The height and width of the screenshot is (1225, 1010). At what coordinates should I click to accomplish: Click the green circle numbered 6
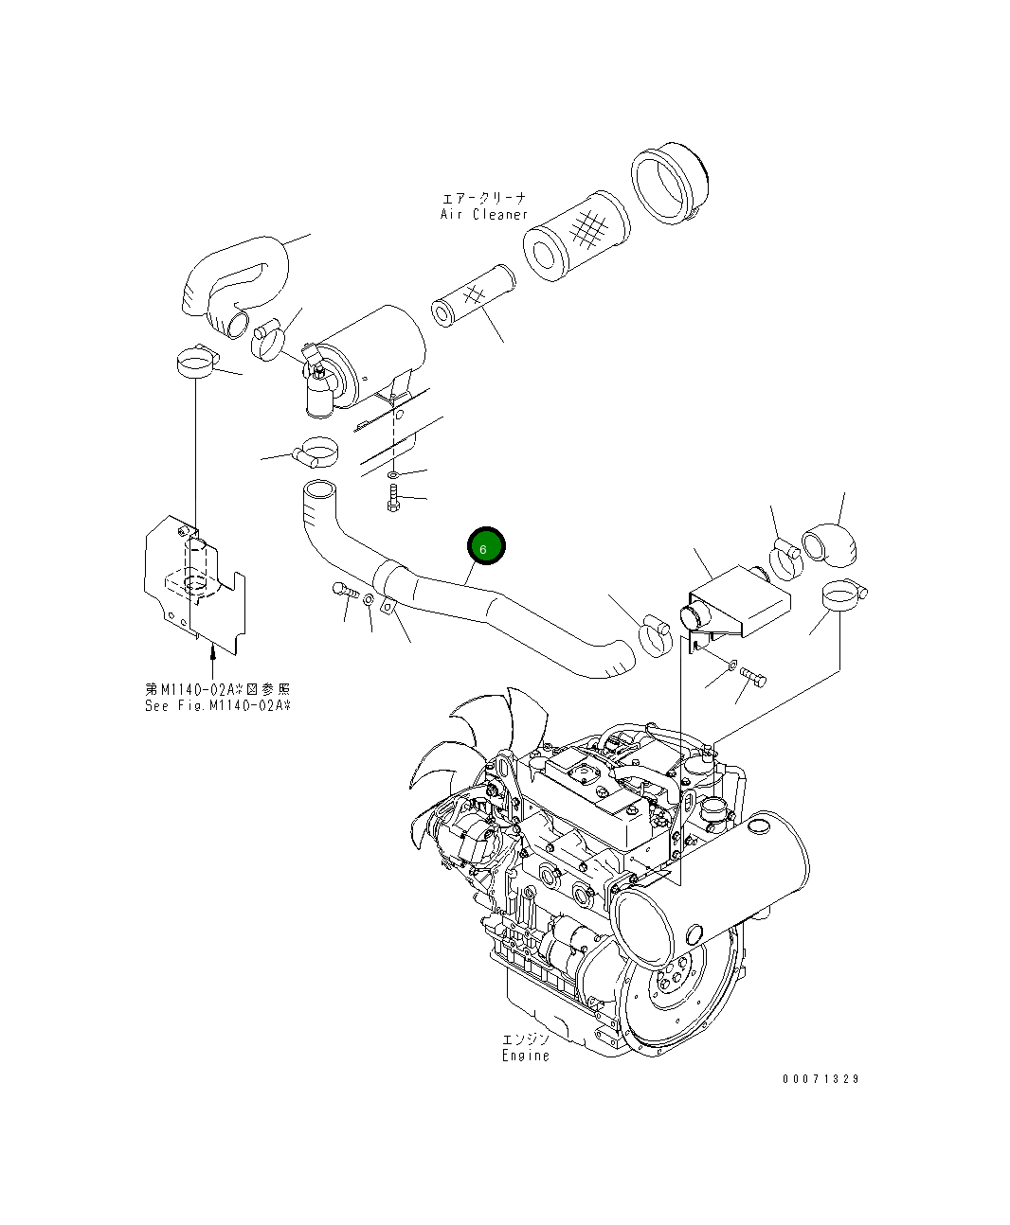tap(486, 547)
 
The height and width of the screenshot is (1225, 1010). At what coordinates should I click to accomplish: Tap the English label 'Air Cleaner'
tap(483, 214)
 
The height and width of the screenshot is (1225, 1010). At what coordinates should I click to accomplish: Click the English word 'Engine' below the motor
tap(525, 1055)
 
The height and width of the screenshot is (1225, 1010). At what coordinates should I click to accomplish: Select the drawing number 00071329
tap(821, 1078)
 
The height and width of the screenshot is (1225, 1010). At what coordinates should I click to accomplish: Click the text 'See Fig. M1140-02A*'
tap(218, 705)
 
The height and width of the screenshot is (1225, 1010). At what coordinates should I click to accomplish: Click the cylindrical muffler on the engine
tap(711, 890)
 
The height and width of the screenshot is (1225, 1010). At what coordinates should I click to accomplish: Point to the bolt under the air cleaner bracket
tap(393, 498)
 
